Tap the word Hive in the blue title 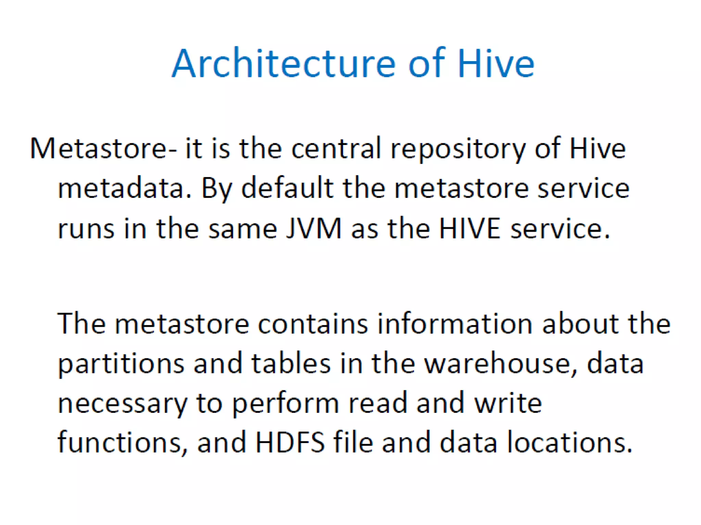tap(496, 64)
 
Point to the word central tap(336, 149)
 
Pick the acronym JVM tap(314, 228)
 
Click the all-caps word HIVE tap(470, 228)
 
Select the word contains tap(313, 324)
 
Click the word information tap(455, 324)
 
